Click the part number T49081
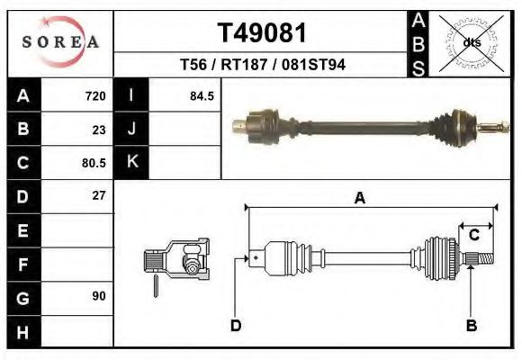point(262,33)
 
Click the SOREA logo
point(60,42)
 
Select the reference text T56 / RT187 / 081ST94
point(262,65)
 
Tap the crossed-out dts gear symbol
point(470,42)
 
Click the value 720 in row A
point(95,96)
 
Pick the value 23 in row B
point(99,130)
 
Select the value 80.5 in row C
point(94,163)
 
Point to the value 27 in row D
point(99,195)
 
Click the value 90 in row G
point(99,296)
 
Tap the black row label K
point(131,163)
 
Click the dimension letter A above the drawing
point(359,199)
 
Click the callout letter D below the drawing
point(236,325)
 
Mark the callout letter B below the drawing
point(471,325)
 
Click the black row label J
point(131,130)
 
